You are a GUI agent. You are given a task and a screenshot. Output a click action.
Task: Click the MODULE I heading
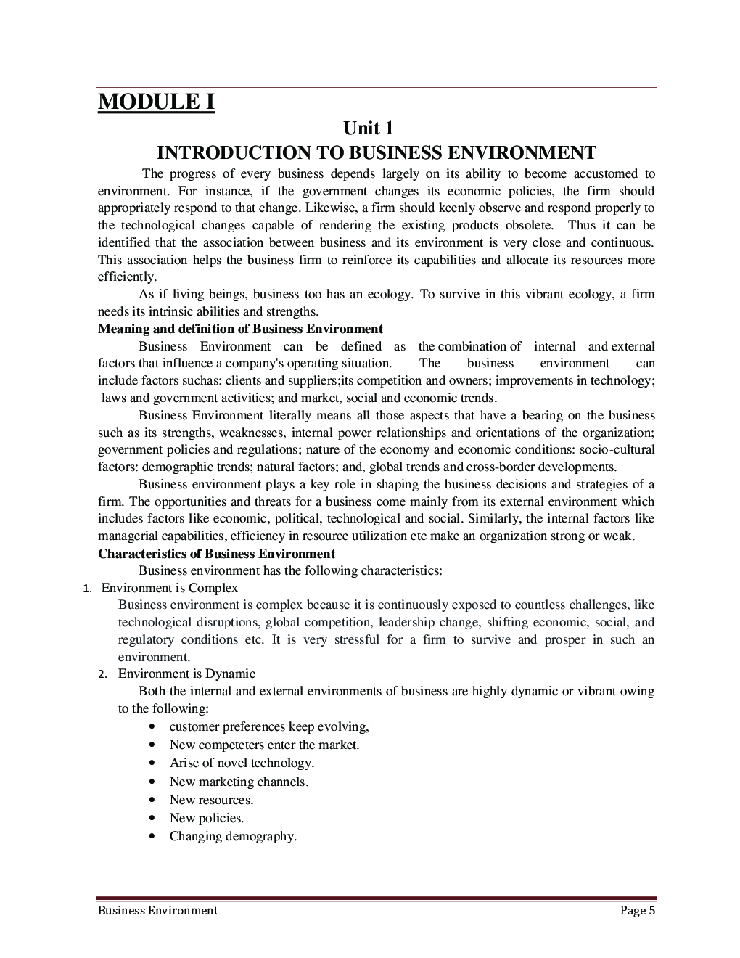pyautogui.click(x=156, y=102)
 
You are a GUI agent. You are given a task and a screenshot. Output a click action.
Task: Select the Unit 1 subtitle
pyautogui.click(x=369, y=128)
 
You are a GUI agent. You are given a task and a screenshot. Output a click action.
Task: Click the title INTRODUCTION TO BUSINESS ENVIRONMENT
pyautogui.click(x=377, y=153)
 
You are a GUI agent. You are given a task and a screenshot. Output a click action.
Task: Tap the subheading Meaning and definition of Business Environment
pyautogui.click(x=240, y=329)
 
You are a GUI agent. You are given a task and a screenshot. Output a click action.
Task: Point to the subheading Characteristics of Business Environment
pyautogui.click(x=216, y=554)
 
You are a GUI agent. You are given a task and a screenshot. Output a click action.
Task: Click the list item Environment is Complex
pyautogui.click(x=169, y=588)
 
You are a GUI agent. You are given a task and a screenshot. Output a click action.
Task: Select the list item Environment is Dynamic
pyautogui.click(x=186, y=674)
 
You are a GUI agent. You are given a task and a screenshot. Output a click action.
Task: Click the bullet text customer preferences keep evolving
pyautogui.click(x=268, y=726)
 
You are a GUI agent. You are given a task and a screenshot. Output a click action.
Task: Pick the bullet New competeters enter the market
pyautogui.click(x=264, y=745)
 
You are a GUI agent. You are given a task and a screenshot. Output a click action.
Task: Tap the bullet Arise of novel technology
pyautogui.click(x=242, y=763)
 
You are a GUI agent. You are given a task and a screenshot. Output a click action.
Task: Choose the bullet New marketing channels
pyautogui.click(x=239, y=782)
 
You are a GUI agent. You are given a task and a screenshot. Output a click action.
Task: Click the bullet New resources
pyautogui.click(x=211, y=800)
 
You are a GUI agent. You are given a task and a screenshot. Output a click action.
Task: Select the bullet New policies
pyautogui.click(x=206, y=818)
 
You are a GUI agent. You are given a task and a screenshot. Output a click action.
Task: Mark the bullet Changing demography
pyautogui.click(x=233, y=836)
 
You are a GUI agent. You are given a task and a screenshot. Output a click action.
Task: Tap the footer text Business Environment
pyautogui.click(x=157, y=910)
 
